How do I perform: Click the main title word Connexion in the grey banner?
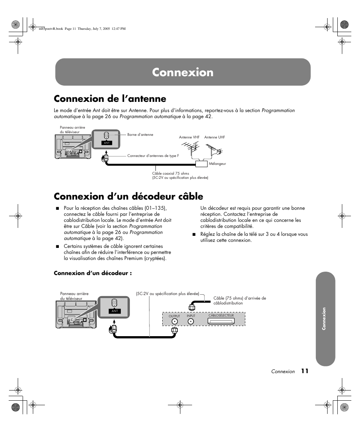(183, 72)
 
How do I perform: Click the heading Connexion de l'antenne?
(110, 98)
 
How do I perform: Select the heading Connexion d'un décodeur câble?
(128, 196)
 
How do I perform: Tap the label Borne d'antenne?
(140, 135)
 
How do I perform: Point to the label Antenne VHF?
(189, 137)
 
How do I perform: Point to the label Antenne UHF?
(214, 137)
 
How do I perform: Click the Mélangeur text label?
(217, 164)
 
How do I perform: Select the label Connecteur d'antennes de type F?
(153, 156)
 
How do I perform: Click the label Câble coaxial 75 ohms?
(171, 174)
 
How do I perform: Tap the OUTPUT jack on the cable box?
(174, 321)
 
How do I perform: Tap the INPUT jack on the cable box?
(191, 321)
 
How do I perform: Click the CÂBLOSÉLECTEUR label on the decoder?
(221, 315)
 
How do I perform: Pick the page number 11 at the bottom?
(305, 371)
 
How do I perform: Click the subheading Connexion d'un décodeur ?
(92, 273)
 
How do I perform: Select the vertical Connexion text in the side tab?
(324, 319)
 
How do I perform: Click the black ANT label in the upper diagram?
(106, 143)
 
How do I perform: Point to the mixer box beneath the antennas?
(202, 164)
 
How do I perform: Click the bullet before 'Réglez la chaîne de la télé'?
(194, 234)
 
